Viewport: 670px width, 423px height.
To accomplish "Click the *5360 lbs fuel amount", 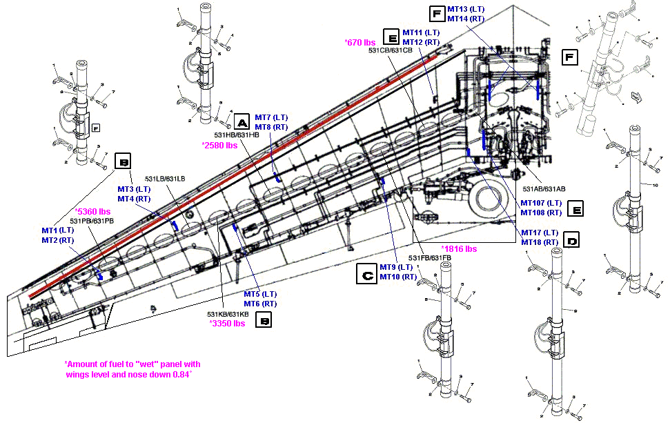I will [x=93, y=212].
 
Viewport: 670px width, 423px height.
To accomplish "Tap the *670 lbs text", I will [x=359, y=43].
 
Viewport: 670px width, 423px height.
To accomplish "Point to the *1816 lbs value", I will [x=459, y=248].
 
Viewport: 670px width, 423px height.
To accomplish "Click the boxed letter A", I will [x=242, y=122].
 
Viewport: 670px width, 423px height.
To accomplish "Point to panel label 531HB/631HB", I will [x=237, y=135].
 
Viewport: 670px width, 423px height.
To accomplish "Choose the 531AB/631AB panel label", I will [x=544, y=188].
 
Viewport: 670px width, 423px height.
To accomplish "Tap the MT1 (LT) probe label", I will [x=58, y=230].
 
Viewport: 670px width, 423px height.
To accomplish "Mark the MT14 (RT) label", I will [x=466, y=19].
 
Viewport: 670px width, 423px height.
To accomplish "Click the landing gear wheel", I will [x=489, y=201].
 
